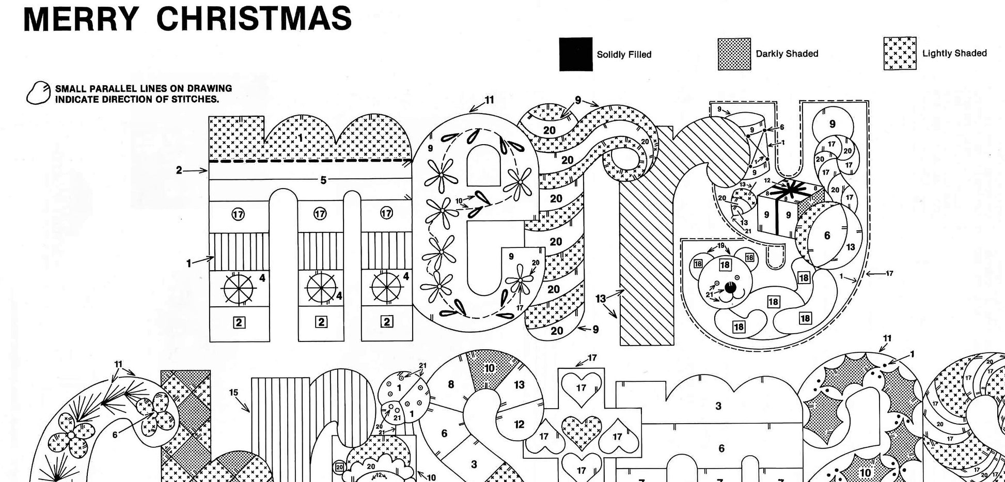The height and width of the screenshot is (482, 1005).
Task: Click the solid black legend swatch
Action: (x=575, y=54)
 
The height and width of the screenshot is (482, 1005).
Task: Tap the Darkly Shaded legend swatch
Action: (x=734, y=54)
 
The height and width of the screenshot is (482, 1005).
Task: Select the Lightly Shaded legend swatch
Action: (x=900, y=53)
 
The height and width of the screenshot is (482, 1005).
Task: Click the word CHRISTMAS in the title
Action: (x=254, y=18)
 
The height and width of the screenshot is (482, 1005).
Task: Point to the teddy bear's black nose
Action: (x=729, y=288)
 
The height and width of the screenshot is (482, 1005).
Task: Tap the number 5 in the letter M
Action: (x=323, y=180)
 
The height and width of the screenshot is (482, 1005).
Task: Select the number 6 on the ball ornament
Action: (x=827, y=236)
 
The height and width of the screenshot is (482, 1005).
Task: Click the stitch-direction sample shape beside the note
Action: (x=38, y=93)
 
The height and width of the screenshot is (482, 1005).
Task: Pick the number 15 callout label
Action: (x=233, y=393)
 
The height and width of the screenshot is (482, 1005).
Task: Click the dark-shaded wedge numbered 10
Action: (x=489, y=368)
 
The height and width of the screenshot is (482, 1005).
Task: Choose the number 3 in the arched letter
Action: (x=718, y=406)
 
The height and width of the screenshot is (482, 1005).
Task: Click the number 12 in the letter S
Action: (x=519, y=424)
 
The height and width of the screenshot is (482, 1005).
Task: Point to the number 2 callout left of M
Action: (x=179, y=170)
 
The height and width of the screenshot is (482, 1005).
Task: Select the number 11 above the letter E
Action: (x=489, y=100)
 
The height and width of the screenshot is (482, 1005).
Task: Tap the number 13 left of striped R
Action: (x=600, y=299)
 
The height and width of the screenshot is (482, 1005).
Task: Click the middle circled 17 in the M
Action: (x=320, y=214)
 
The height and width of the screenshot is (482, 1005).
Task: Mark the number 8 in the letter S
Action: (x=451, y=384)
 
